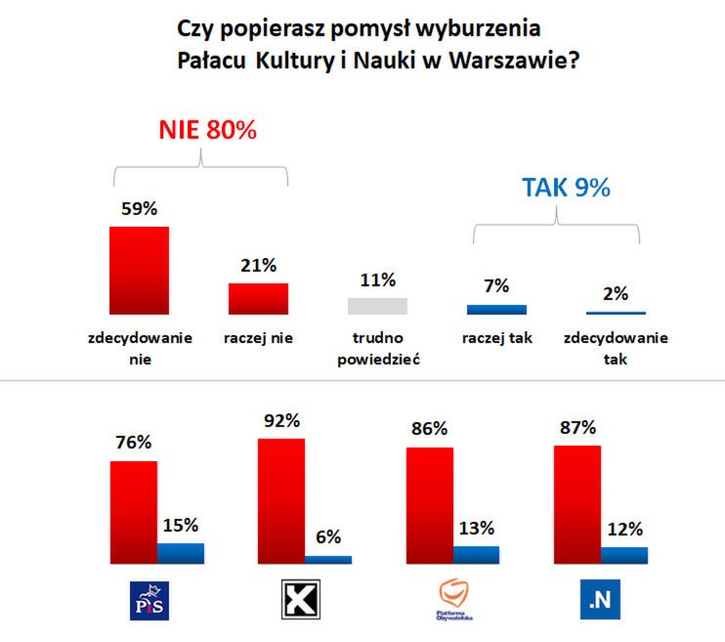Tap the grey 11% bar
coord(377,306)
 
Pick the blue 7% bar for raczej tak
coord(496,310)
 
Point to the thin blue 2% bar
coord(616,313)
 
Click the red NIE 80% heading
coord(207,130)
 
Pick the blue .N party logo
coord(599,600)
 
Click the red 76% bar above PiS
coord(134,513)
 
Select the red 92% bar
coord(281,501)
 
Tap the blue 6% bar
coord(328,559)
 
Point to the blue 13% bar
coord(477,554)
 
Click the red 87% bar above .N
coord(576,505)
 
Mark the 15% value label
coord(182,525)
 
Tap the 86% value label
coord(429,429)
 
